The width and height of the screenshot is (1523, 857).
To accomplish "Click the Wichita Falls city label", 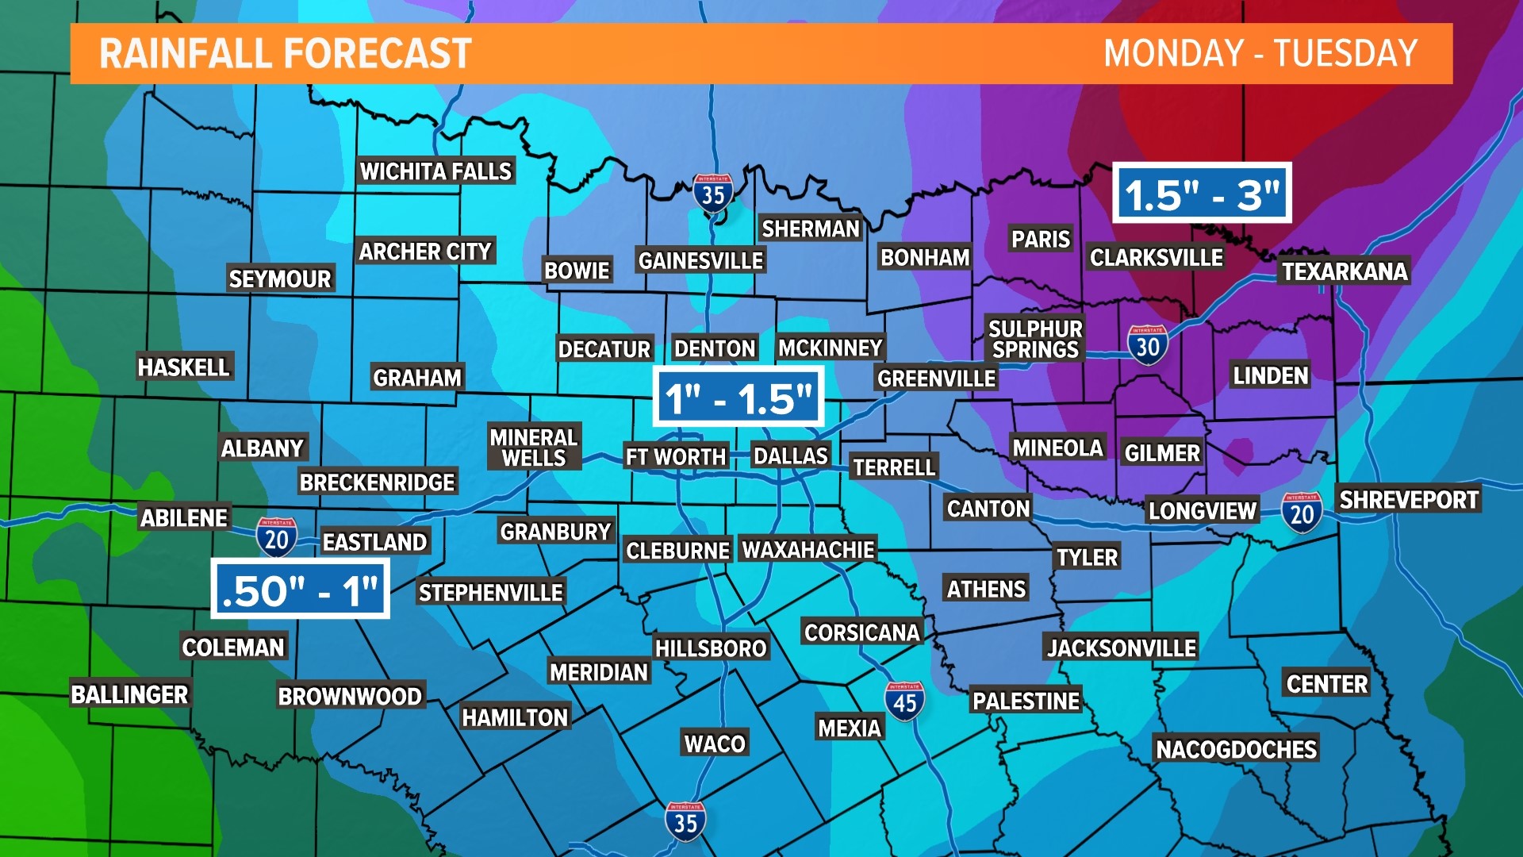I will pos(435,171).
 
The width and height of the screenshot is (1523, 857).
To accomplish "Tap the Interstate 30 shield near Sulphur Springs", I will pos(1147,345).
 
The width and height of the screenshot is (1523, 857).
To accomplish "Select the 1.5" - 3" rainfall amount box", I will pos(1202,194).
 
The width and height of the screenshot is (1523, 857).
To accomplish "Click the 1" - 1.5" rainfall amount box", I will pos(738,398).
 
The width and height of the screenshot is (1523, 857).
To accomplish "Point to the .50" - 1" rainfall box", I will pos(300,590).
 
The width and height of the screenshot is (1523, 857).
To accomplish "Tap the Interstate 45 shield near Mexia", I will pos(904,701).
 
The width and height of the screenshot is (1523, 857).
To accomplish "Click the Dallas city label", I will pos(790,455).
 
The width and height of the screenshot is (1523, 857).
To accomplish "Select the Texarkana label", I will pos(1345,271).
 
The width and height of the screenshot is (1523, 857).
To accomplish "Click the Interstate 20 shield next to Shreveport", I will pos(1302,513).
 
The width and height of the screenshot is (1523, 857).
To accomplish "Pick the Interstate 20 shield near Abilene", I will pos(276,538).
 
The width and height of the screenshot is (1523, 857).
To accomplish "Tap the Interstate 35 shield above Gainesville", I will pos(712,193).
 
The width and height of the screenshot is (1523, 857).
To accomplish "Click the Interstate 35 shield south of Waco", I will pos(685,821).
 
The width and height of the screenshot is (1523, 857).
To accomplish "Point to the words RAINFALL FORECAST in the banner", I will pos(286,54).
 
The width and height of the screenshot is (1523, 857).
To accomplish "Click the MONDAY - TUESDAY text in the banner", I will pos(1260,54).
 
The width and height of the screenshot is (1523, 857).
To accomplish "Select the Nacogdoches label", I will pos(1236,748).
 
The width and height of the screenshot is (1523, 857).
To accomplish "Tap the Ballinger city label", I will pos(129,694).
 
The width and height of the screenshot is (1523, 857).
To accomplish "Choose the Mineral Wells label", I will pos(534,448).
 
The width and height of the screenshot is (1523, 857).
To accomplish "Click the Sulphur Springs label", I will pos(1035,339).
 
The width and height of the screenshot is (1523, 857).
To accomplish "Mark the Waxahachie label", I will pos(808,549).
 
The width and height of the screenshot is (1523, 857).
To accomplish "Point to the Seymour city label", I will pos(279,279).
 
